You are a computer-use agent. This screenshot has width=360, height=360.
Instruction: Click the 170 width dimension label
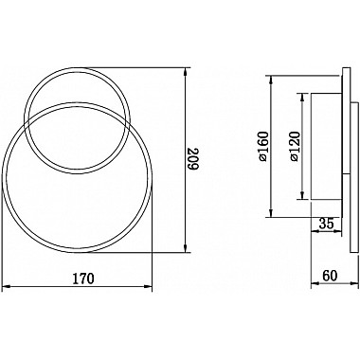(83, 279)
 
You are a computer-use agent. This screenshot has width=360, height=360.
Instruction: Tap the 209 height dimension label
(193, 159)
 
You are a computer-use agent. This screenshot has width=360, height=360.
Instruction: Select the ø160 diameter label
(263, 146)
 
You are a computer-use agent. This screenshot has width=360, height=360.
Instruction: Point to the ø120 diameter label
(294, 146)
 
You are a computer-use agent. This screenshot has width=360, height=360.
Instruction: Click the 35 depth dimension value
(326, 224)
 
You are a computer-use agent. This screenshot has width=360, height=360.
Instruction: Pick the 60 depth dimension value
(330, 276)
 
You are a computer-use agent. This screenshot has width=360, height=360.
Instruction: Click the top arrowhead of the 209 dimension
(186, 71)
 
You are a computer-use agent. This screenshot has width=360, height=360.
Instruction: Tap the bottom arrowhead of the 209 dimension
(186, 248)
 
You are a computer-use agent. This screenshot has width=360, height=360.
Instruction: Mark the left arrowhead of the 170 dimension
(6, 286)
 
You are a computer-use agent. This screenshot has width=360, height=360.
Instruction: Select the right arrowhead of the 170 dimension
(148, 286)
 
